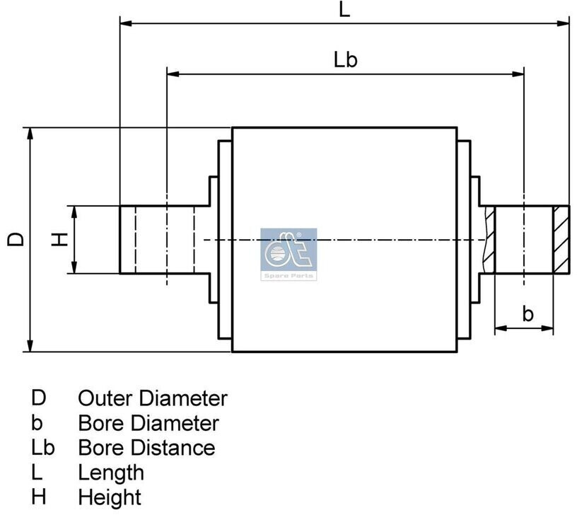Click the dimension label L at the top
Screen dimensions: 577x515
(344, 10)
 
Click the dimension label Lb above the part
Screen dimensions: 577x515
(345, 59)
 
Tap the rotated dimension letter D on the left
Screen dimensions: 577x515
(16, 239)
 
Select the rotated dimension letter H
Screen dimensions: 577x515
(60, 239)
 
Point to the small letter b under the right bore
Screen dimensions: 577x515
(528, 314)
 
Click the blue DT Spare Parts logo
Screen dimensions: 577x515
(288, 255)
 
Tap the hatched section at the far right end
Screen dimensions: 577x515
(561, 240)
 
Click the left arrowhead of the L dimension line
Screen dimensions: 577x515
(126, 23)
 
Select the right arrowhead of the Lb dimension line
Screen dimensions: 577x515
(518, 74)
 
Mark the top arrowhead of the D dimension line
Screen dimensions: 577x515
(30, 134)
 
